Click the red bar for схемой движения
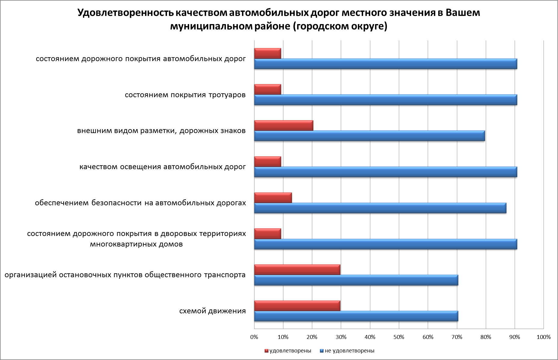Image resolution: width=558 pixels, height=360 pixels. [297, 306]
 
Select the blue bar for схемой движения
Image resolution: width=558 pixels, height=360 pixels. [356, 316]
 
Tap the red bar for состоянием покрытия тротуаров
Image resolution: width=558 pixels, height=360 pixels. [267, 89]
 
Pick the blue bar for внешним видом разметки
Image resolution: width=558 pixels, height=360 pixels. [369, 136]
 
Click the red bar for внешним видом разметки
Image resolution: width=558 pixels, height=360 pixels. [284, 126]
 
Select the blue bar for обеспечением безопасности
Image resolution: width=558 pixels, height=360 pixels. [380, 208]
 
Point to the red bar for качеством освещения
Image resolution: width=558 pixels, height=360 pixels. [267, 162]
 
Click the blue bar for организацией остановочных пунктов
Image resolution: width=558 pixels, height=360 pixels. [356, 280]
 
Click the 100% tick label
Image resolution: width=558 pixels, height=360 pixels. [543, 337]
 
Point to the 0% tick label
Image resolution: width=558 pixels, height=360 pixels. [254, 337]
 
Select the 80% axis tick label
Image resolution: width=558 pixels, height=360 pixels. [486, 337]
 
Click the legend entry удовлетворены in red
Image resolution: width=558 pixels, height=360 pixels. [288, 351]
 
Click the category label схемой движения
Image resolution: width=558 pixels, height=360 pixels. [212, 311]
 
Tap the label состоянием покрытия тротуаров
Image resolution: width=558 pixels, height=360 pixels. [185, 95]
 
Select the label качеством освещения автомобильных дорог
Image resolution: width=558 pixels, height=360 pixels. [162, 167]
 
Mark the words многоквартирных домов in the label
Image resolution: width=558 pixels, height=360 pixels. [136, 244]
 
